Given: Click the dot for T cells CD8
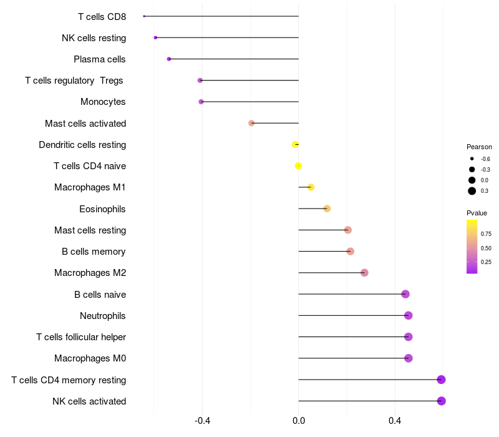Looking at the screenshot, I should tap(144, 16).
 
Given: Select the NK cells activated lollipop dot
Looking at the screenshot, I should tap(442, 401).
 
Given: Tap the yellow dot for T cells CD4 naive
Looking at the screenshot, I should tap(298, 166).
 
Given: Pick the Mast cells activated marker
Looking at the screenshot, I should tap(251, 123).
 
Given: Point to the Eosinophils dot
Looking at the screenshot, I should tap(327, 209).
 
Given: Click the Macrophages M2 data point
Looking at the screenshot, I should tap(364, 273).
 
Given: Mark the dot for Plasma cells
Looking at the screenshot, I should tap(168, 59).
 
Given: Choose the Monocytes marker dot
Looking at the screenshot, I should tap(201, 102).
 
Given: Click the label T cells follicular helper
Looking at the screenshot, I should tap(81, 337).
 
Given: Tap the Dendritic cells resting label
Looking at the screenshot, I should tap(82, 145).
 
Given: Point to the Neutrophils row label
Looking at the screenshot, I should tap(103, 316).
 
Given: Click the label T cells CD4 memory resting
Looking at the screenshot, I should tap(69, 380).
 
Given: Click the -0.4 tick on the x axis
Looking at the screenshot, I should tap(202, 421).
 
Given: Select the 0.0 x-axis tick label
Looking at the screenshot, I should tap(298, 421).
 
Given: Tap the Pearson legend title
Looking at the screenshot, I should tap(479, 147).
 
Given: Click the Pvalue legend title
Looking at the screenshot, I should tap(477, 213).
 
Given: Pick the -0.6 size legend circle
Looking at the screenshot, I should tap(472, 159).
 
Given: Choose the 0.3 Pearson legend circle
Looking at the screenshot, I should tap(472, 191).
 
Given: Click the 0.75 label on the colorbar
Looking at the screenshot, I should tap(486, 234).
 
